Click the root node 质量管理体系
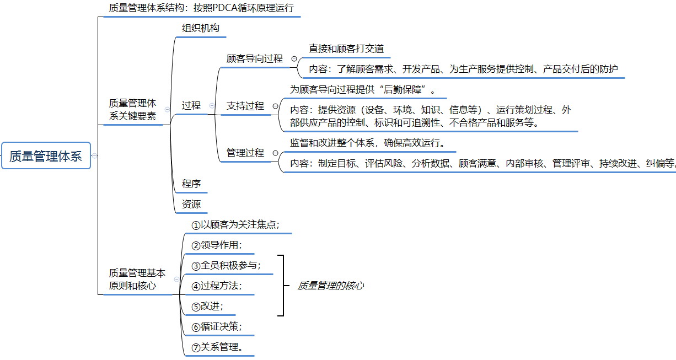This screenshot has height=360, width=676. pyautogui.click(x=46, y=156)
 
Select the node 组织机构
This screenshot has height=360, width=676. pyautogui.click(x=201, y=28)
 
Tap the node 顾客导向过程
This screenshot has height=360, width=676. pyautogui.click(x=255, y=58)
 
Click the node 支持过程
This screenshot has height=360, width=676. pyautogui.click(x=245, y=106)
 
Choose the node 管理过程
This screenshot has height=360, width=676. pyautogui.click(x=245, y=153)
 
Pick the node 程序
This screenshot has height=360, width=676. pyautogui.click(x=191, y=184)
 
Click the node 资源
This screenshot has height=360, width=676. pyautogui.click(x=191, y=204)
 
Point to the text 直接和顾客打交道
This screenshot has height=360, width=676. pyautogui.click(x=346, y=49)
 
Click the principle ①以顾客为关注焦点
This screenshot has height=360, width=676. pyautogui.click(x=235, y=224)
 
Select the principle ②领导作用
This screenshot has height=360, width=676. pyautogui.click(x=217, y=245)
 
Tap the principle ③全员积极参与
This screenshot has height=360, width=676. pyautogui.click(x=226, y=266)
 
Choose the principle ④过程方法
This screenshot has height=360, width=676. pyautogui.click(x=217, y=286)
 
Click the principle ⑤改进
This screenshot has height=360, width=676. pyautogui.click(x=207, y=307)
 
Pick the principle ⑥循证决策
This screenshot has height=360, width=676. pyautogui.click(x=217, y=327)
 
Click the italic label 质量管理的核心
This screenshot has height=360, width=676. pyautogui.click(x=331, y=286)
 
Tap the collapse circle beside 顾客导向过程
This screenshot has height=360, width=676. pyautogui.click(x=294, y=58)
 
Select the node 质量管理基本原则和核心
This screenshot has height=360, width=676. pyautogui.click(x=137, y=279)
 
